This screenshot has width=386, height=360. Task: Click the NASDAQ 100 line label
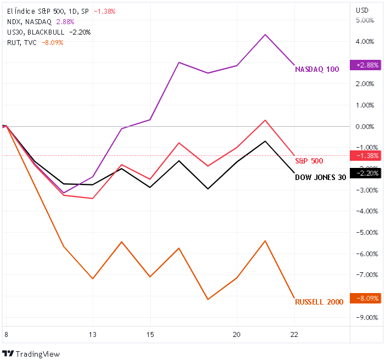317,70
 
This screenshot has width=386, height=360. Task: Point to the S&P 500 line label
309,161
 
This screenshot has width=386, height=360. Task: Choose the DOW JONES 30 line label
320,177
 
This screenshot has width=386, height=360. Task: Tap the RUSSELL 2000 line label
319,302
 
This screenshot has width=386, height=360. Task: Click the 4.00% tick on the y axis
365,41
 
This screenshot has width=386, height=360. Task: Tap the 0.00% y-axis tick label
365,126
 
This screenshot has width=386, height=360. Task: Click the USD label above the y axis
362,10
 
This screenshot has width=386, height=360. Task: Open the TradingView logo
31,353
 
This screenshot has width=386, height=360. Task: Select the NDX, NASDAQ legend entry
29,21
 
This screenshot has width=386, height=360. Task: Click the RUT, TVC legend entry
22,42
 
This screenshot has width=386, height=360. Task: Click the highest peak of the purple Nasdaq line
265,35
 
